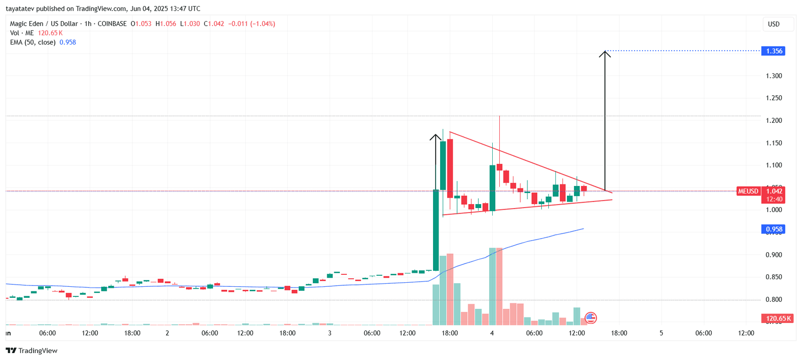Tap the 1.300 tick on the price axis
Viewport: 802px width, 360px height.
(774, 76)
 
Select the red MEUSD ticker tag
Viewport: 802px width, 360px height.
(748, 191)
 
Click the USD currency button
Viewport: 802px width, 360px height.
(774, 24)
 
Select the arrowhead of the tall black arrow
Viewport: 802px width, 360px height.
(605, 53)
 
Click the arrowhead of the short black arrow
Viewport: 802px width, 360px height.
(436, 137)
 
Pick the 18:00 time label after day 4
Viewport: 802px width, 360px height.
(619, 333)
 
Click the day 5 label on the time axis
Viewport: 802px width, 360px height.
(661, 333)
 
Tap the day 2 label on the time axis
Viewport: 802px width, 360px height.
(167, 333)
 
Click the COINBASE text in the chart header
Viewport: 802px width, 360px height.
(112, 24)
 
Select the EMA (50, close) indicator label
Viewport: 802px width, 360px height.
(33, 42)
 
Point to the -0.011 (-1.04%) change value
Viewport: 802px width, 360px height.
(252, 24)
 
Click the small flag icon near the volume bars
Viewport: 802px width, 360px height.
(590, 317)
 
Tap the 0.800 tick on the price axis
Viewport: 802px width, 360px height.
(774, 299)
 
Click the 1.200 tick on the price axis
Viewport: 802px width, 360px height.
(774, 120)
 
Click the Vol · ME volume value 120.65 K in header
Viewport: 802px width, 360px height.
(50, 33)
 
